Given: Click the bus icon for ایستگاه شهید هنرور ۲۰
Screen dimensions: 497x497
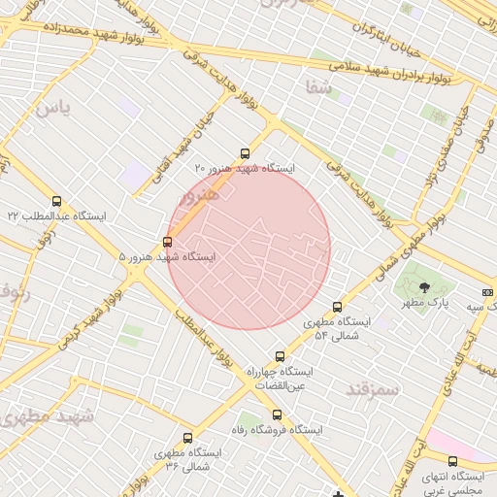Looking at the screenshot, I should tap(244, 153).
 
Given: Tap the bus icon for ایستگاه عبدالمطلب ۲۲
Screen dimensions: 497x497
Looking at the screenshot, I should tap(56, 201).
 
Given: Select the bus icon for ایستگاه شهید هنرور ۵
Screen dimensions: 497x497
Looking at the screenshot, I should tap(168, 242).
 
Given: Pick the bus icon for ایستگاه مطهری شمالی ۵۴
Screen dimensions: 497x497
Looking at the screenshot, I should tap(337, 307).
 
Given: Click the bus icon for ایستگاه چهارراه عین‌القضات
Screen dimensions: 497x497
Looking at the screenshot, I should tap(281, 356).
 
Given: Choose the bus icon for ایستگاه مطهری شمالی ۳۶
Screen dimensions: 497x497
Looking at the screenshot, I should tap(187, 438).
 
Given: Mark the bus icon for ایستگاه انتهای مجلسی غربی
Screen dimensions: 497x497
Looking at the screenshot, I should tap(452, 461).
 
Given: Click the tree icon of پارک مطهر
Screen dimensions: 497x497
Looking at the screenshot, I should tap(424, 286).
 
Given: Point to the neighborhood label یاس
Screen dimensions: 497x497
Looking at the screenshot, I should tap(52, 108).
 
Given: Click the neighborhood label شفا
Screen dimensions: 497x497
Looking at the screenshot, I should tap(317, 88).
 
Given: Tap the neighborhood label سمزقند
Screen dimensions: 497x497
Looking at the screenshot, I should tap(372, 389).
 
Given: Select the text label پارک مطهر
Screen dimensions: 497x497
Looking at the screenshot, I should tap(428, 303).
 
